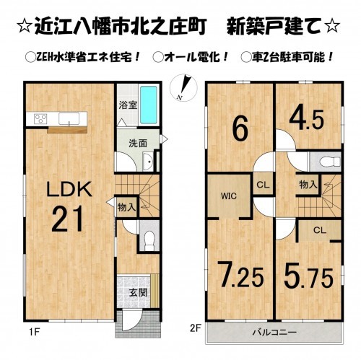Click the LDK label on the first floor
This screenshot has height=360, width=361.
pos(70,190)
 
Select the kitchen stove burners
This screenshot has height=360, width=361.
pos(38,118)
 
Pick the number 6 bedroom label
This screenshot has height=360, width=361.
pos(240,128)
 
